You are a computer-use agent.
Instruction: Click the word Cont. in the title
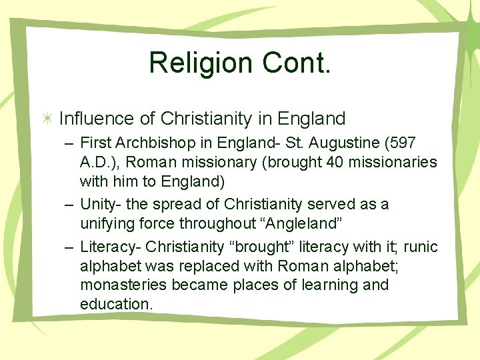pyautogui.click(x=293, y=63)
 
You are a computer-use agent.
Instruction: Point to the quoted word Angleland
pyautogui.click(x=289, y=223)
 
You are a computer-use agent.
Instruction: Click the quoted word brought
pyautogui.click(x=262, y=247)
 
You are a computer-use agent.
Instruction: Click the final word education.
pyautogui.click(x=116, y=305)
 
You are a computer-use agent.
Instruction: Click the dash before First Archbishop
pyautogui.click(x=69, y=143)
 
